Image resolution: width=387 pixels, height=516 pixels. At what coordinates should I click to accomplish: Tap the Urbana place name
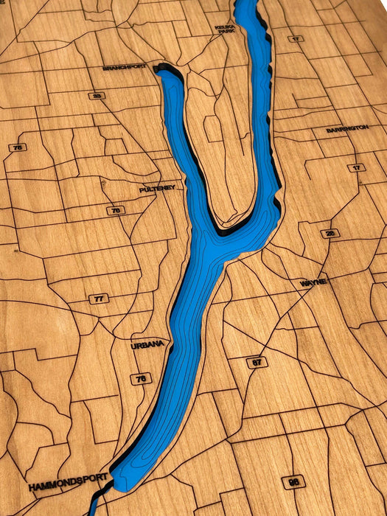146,345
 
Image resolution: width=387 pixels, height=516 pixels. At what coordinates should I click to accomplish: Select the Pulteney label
157,189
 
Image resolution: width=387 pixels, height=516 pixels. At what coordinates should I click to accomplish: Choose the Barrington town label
347,129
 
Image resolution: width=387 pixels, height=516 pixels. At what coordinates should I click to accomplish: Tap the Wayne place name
313,282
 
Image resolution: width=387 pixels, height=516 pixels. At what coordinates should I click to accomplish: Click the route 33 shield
97,96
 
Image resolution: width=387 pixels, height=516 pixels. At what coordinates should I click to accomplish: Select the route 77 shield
99,299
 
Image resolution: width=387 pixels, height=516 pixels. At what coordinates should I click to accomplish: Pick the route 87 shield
257,362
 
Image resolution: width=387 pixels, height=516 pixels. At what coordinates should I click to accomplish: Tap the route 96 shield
293,481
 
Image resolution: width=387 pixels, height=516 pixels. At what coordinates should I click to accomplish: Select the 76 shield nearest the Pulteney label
115,211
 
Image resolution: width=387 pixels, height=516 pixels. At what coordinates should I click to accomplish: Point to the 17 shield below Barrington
356,168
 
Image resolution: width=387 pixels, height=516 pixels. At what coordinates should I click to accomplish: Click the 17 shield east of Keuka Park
296,38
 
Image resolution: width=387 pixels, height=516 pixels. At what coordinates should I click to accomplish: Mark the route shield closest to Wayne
330,234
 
